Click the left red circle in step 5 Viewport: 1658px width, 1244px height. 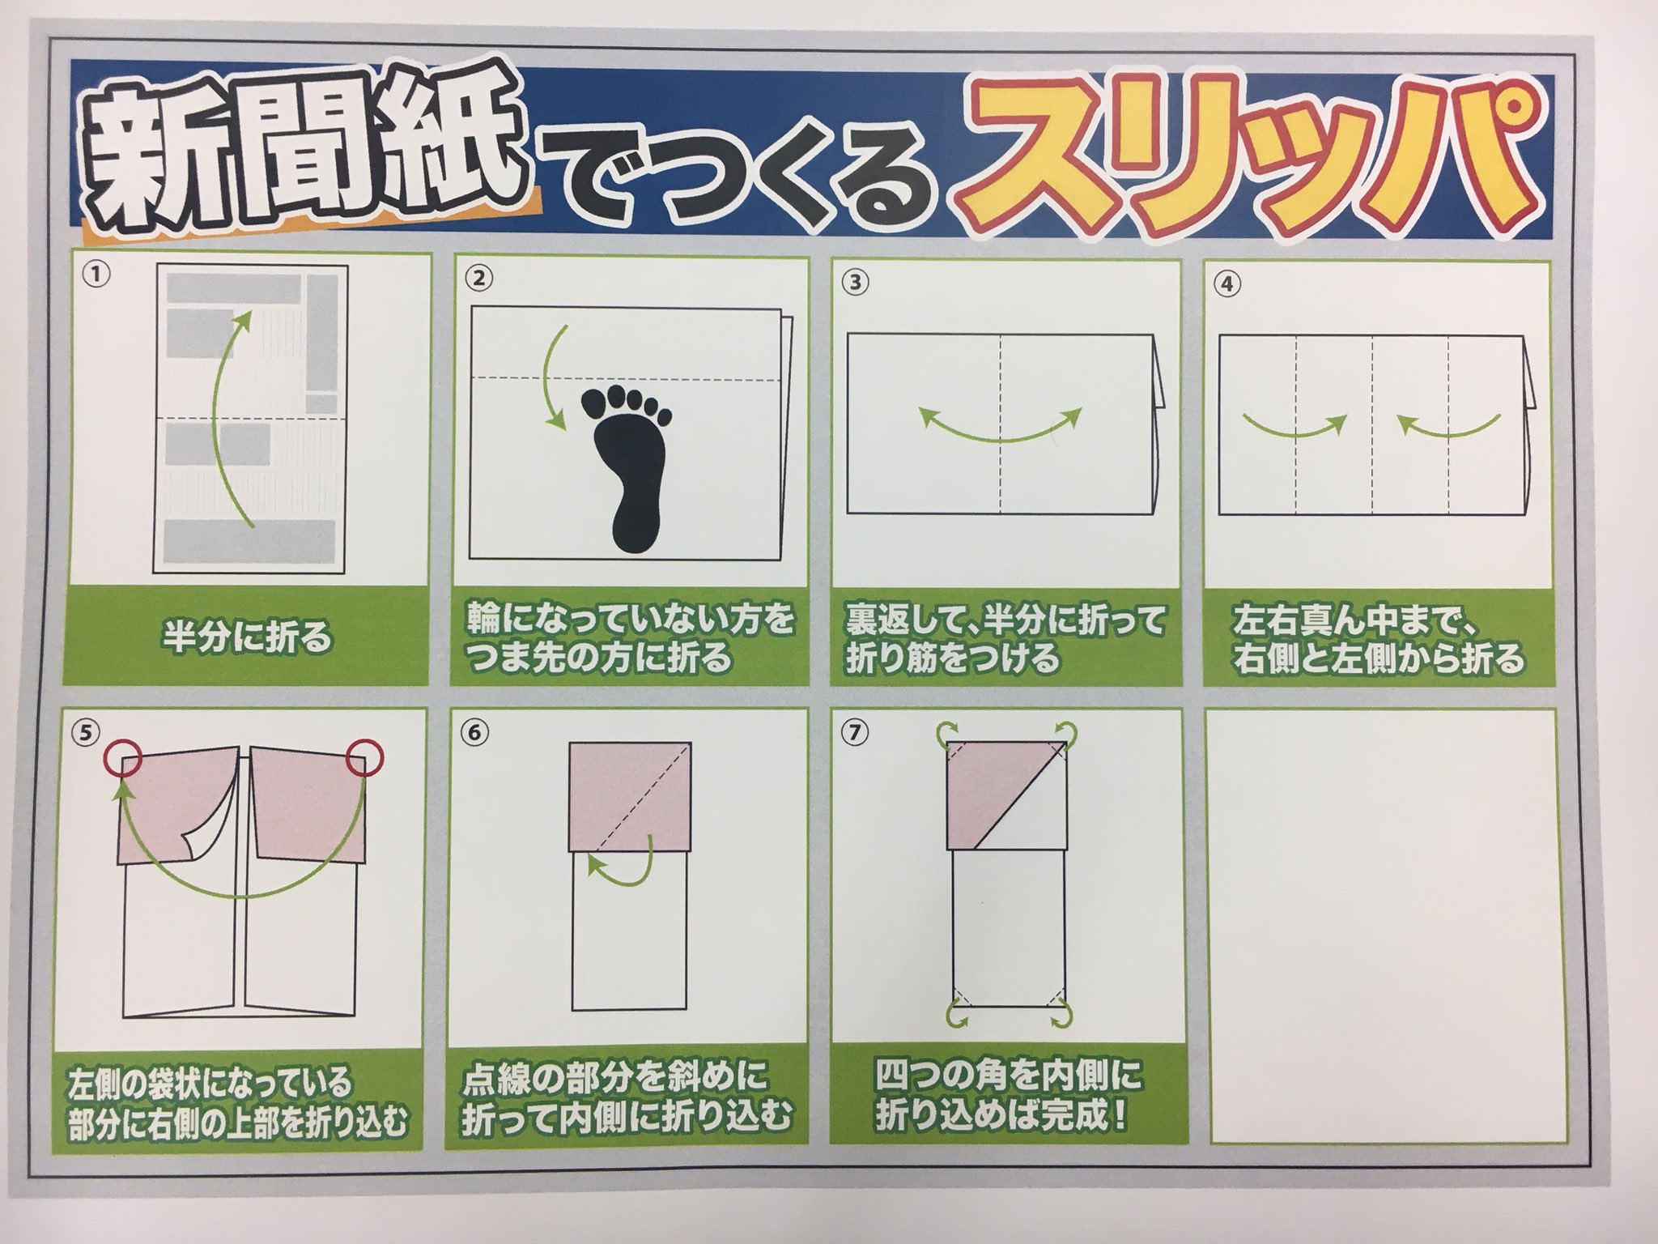coord(123,758)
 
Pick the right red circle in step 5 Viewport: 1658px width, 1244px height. coord(363,758)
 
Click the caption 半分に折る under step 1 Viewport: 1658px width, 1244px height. coord(246,637)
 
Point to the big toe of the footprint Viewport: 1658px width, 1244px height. coord(598,399)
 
